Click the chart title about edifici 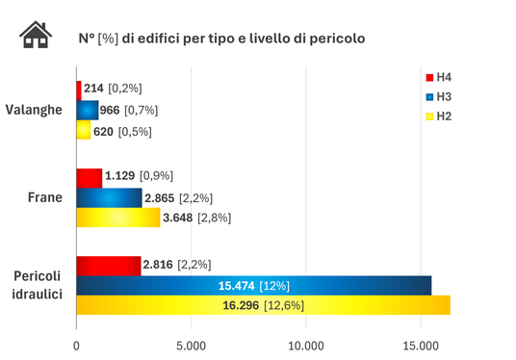pos(220,39)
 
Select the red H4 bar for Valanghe pos(79,89)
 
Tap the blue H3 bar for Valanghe pos(87,110)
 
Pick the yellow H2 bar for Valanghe pos(83,130)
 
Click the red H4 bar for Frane pos(89,177)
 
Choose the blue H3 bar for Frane pos(109,197)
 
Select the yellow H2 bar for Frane pos(117,218)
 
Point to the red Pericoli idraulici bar pos(108,265)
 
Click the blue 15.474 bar pos(253,285)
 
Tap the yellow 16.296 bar pos(263,305)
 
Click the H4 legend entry pos(439,77)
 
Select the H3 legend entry pos(439,96)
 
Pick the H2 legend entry pos(439,116)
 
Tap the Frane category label pos(44,197)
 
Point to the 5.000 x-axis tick pos(191,345)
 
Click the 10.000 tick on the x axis pos(305,345)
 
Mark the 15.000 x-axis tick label pos(420,345)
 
